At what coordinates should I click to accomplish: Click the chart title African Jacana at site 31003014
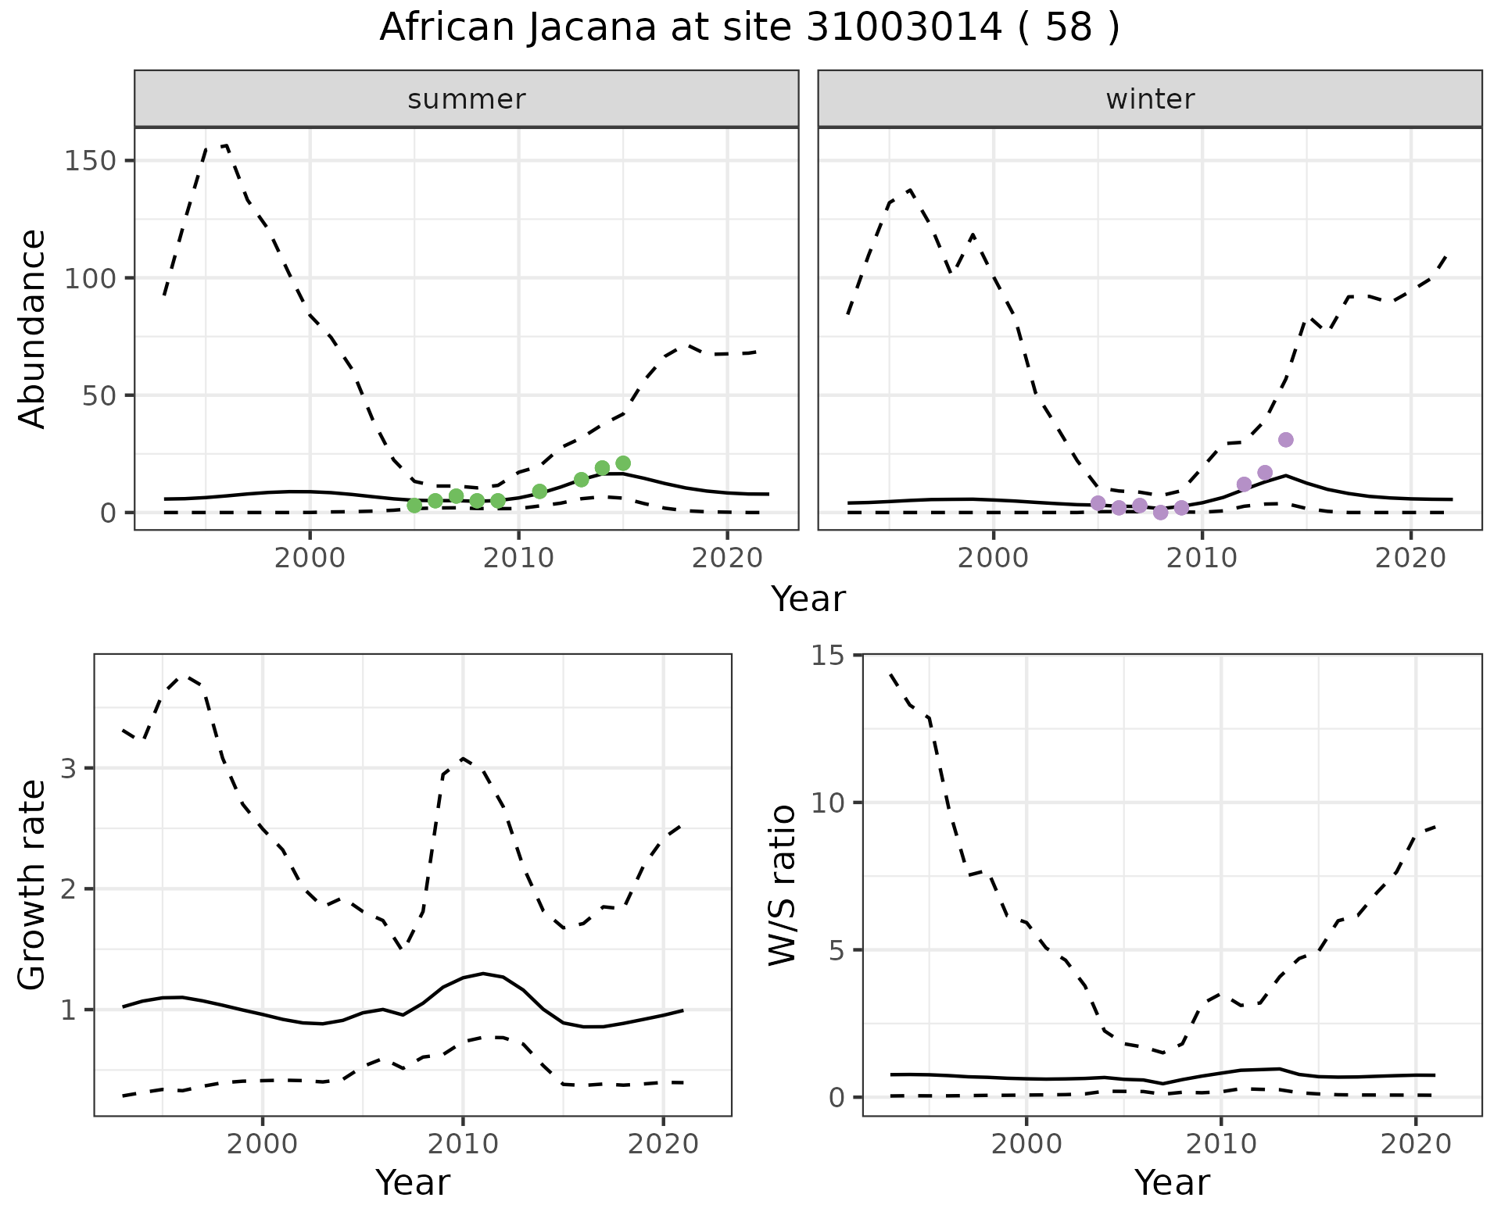point(749,28)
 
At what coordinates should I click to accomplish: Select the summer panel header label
point(466,99)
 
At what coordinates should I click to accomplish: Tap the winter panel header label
point(1149,99)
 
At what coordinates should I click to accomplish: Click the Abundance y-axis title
point(33,328)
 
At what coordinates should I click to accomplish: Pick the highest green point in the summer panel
point(623,463)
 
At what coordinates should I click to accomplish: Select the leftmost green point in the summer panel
point(414,506)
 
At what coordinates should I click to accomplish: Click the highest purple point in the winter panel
point(1286,440)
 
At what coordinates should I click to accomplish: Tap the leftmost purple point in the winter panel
point(1098,503)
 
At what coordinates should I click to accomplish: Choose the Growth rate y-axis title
point(33,885)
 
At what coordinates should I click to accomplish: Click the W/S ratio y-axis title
point(782,885)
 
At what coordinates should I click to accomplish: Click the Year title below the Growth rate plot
point(413,1183)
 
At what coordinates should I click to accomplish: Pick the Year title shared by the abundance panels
point(808,599)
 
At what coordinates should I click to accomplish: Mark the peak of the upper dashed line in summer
point(226,145)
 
